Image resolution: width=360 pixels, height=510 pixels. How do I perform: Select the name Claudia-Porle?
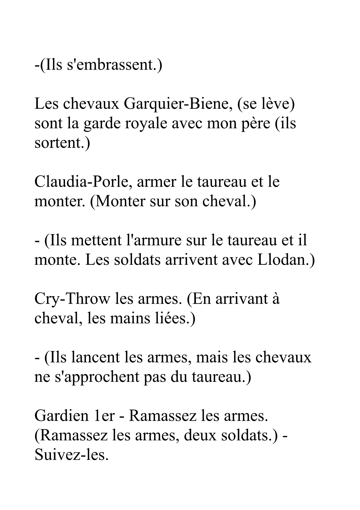(83, 182)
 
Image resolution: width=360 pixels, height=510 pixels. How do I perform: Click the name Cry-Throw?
(72, 299)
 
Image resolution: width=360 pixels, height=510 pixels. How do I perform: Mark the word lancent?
(96, 357)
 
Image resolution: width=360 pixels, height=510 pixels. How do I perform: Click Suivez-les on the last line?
(71, 455)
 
